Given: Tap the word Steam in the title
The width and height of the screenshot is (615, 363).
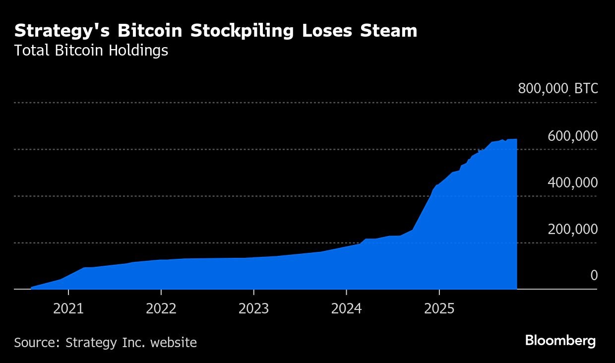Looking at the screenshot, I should click(x=388, y=31).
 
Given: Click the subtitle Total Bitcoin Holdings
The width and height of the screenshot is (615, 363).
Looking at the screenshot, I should click(x=91, y=51).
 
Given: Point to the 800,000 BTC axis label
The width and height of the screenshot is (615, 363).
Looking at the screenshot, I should click(x=558, y=89).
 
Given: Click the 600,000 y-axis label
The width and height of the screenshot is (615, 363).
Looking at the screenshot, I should click(x=572, y=136).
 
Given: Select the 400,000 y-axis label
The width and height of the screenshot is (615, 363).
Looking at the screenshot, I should click(x=572, y=182).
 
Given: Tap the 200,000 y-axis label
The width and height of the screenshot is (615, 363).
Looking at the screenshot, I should click(x=572, y=229).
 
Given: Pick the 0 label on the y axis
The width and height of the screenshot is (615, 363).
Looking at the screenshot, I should click(x=594, y=276).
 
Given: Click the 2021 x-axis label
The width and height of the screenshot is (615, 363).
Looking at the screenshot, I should click(x=68, y=309).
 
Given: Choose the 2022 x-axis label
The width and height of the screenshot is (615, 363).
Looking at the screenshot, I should click(x=161, y=309).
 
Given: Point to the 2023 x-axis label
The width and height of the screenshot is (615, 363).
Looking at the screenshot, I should click(x=253, y=309).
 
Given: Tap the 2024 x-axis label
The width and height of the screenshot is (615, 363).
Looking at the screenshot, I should click(x=346, y=309).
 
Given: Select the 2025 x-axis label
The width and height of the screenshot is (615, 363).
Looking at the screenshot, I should click(x=439, y=309).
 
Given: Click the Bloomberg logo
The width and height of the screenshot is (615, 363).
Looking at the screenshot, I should click(x=560, y=341).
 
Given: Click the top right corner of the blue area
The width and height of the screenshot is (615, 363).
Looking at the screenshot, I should click(x=517, y=139).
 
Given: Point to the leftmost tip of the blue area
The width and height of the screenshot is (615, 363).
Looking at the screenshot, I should click(x=31, y=288).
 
